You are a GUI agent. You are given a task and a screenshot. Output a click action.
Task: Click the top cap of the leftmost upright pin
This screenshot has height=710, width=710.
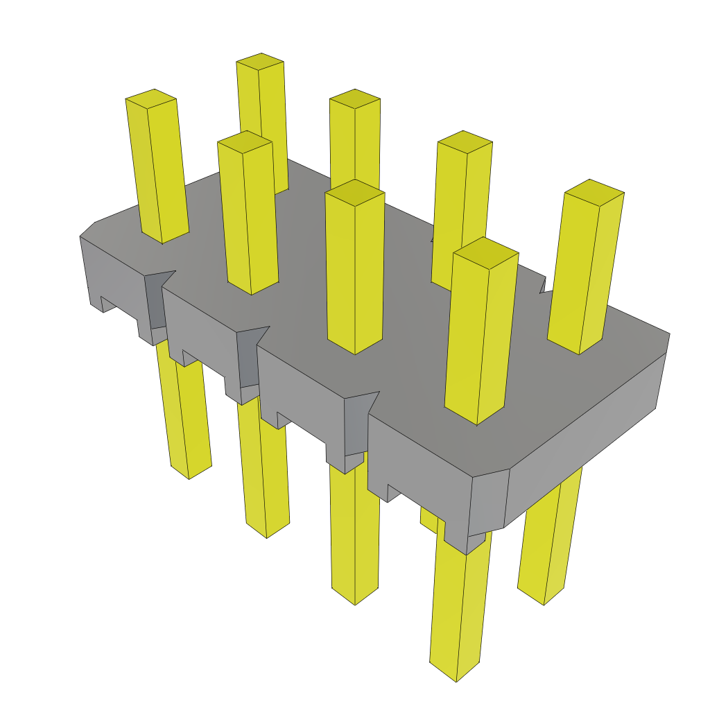pos(150,98)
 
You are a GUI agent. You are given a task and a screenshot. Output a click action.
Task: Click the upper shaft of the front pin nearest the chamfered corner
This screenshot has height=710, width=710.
pos(478,333)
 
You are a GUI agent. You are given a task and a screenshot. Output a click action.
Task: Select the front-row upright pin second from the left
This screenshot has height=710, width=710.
pos(250,215)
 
